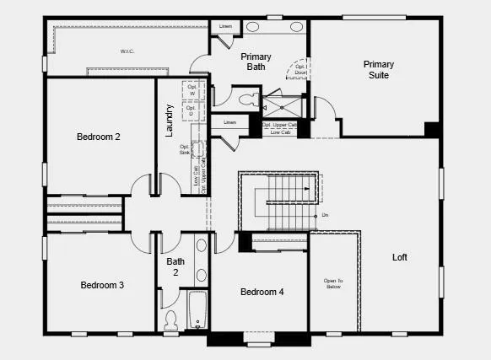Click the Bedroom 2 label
coord(100,136)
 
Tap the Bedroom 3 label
coord(102,285)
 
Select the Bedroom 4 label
coord(262,292)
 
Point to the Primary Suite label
coord(378,70)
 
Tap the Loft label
coord(400,257)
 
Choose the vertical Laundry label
coord(170,120)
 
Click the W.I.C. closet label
coord(127,51)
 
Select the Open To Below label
coord(333,284)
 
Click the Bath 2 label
coord(175,267)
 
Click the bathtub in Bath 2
coord(197,310)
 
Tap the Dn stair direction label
coord(325,215)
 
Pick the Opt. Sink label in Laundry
coord(184,149)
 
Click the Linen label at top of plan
coord(224,26)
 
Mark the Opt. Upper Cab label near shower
coord(279,125)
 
